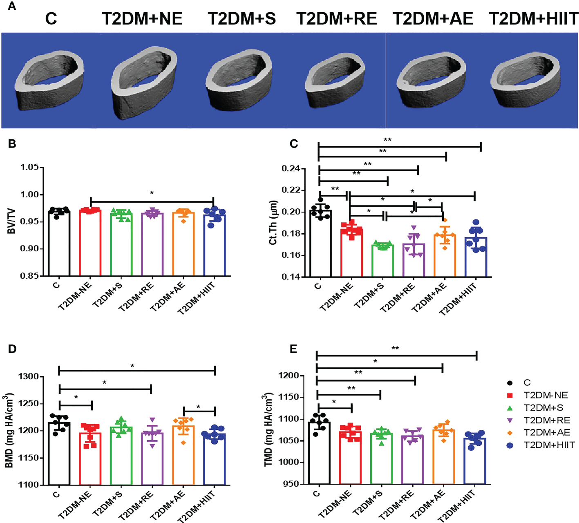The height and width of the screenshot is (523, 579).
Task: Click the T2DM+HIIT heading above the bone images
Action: [533, 19]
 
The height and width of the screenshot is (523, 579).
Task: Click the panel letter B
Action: [12, 144]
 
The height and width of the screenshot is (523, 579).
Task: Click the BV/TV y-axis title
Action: [11, 221]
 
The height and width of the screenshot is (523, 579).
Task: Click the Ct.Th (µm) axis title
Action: [273, 223]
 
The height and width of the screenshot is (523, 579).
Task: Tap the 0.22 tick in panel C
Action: [291, 190]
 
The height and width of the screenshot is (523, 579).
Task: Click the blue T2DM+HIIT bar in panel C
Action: [476, 257]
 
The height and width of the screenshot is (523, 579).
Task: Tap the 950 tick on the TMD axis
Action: [290, 484]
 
